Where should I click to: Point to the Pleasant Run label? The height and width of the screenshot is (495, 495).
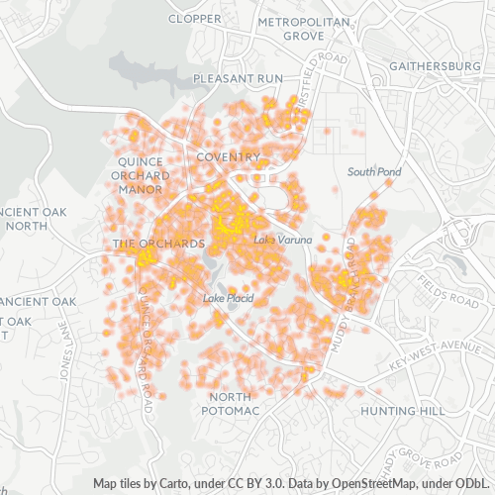[238, 77]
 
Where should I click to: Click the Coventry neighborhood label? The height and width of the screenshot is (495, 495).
[228, 157]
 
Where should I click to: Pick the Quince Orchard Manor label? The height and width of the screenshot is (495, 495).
[144, 175]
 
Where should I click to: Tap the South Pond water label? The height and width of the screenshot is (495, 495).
[374, 171]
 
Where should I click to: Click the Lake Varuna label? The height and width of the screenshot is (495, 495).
[283, 241]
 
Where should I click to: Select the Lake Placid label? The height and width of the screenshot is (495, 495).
[229, 298]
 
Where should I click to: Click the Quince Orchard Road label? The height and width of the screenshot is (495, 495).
[148, 337]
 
